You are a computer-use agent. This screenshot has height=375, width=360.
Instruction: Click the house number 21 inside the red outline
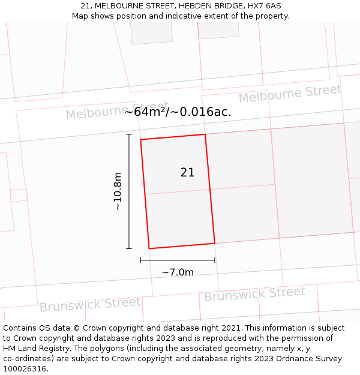(x=187, y=173)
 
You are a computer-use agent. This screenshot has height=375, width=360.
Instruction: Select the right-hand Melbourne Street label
(x=290, y=93)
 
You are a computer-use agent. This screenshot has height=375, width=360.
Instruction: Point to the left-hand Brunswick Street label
(x=90, y=304)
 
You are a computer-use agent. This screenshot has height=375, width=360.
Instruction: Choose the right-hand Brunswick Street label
(x=254, y=294)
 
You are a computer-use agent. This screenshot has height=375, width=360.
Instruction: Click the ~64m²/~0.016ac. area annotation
(x=178, y=112)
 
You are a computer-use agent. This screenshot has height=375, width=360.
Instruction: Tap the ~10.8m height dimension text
(x=118, y=191)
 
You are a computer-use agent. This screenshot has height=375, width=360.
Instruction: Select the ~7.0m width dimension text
(x=178, y=272)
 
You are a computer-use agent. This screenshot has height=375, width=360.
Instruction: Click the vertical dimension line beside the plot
(x=129, y=191)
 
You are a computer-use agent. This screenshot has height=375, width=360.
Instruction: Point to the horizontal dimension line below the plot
(x=178, y=260)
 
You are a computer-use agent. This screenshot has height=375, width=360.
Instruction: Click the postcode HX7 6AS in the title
(x=265, y=5)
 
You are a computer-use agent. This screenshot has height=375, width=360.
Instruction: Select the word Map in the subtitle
(x=81, y=16)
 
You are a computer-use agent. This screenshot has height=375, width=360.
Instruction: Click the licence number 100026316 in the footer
(x=25, y=368)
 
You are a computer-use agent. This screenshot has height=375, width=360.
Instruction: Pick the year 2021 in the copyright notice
(x=229, y=328)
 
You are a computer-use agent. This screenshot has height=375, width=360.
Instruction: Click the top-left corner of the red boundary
(x=141, y=140)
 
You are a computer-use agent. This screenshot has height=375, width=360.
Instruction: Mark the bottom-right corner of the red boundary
(x=215, y=243)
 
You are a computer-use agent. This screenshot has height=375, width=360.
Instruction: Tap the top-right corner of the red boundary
(x=205, y=134)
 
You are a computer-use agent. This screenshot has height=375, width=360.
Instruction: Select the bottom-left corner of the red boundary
(x=149, y=248)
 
